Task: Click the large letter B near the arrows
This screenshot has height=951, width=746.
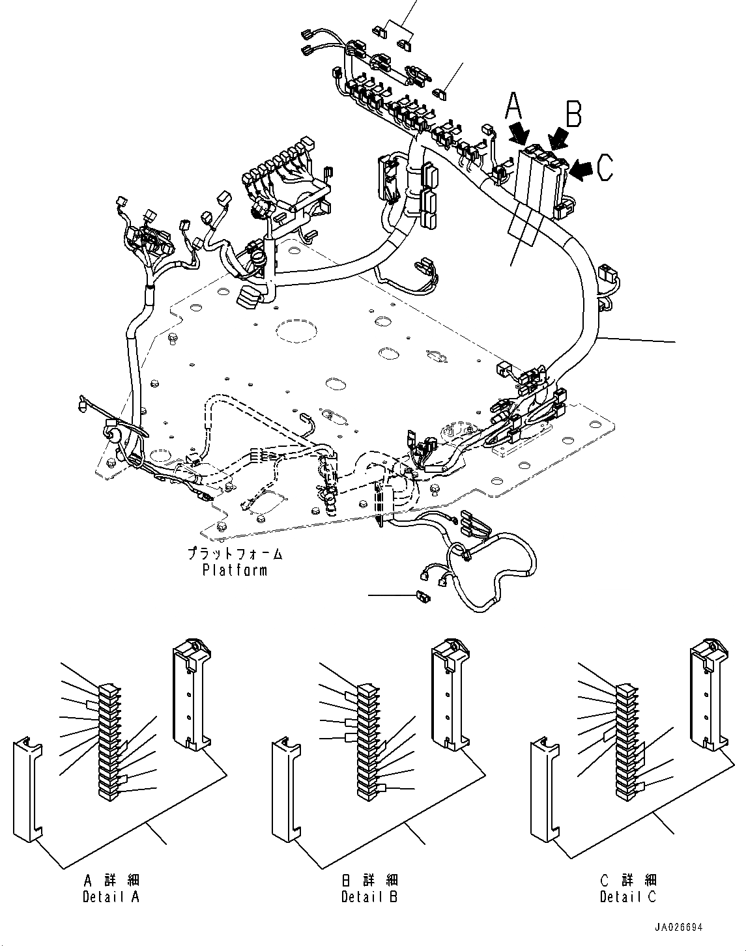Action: (573, 112)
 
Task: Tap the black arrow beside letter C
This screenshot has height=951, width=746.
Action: (582, 169)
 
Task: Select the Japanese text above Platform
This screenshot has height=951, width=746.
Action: (235, 555)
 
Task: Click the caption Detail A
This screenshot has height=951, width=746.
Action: (111, 896)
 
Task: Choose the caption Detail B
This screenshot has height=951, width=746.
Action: (369, 896)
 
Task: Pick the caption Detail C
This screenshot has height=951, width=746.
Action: (628, 896)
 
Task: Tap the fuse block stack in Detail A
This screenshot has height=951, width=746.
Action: (108, 741)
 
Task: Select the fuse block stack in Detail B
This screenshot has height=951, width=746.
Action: (367, 741)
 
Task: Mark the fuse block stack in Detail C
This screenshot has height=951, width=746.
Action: (626, 741)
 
